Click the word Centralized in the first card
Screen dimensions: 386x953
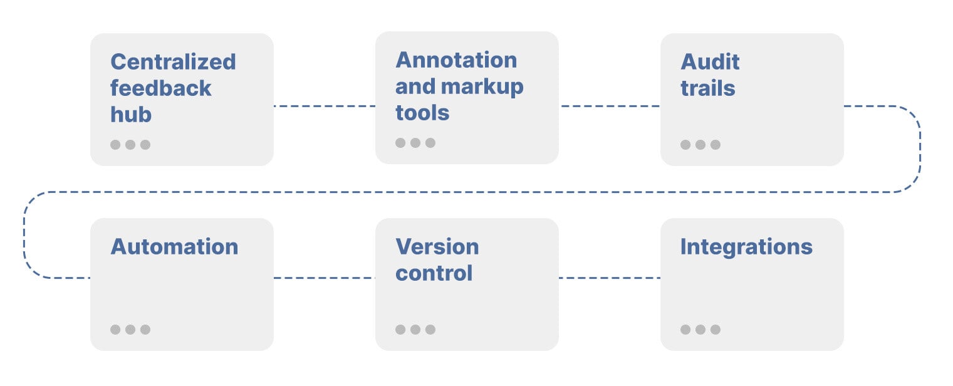tap(173, 62)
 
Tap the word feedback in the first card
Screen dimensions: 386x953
tap(161, 88)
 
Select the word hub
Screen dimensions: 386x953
tap(131, 115)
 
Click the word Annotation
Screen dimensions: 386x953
tap(456, 60)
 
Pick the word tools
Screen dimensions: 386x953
tap(422, 113)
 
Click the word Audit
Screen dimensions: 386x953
tap(710, 62)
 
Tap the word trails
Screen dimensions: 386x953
tap(707, 88)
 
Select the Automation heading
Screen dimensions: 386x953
tap(174, 247)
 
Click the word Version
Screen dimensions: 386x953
tap(437, 247)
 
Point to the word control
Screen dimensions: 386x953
tap(434, 273)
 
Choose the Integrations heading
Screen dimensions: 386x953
tap(746, 247)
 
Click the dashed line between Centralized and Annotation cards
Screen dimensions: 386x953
tap(324, 106)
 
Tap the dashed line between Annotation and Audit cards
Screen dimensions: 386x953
tap(609, 106)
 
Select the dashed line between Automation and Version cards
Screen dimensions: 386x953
tap(324, 278)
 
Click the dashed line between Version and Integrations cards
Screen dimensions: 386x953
tap(609, 278)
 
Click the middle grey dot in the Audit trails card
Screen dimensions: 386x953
tap(700, 145)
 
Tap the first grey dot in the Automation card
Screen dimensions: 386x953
tap(115, 330)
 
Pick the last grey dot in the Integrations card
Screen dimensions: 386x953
tap(716, 330)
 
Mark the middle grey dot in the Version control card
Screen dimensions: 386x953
tap(415, 330)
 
